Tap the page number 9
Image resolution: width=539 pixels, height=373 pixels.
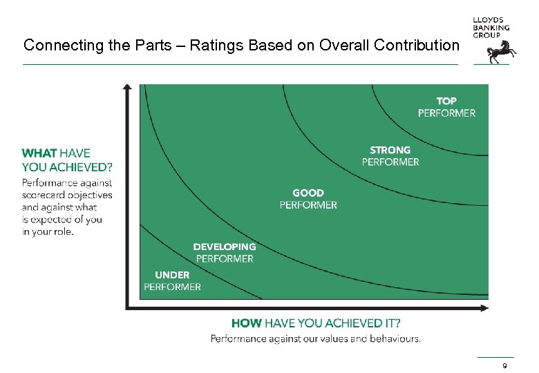[505, 365]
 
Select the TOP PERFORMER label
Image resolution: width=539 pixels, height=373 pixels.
[446, 107]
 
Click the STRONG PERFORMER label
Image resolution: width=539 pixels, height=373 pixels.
[390, 155]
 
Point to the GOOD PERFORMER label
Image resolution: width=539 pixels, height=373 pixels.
[308, 199]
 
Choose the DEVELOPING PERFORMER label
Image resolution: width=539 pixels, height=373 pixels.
[224, 252]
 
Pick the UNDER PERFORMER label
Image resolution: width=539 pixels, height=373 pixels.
[172, 280]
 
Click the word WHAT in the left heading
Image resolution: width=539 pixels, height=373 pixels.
[39, 153]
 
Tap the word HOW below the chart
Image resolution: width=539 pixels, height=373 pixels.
[246, 323]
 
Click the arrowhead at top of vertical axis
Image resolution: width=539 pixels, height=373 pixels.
[127, 88]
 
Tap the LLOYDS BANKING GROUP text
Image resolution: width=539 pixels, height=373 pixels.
[491, 28]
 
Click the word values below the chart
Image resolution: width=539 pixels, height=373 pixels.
[334, 338]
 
